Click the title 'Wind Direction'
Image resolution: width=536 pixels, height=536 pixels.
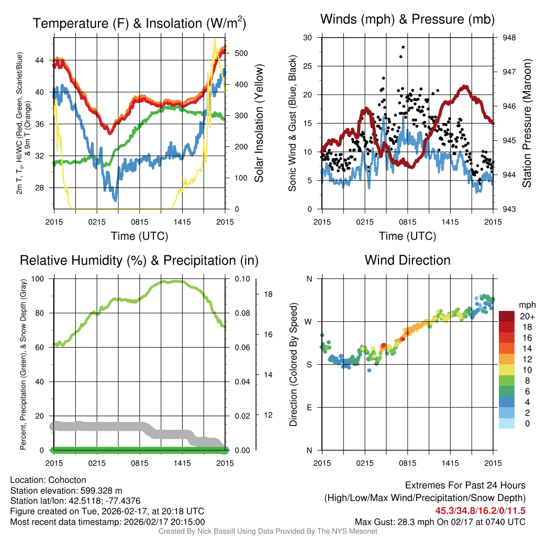click(407, 260)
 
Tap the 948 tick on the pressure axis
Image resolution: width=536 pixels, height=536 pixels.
click(509, 38)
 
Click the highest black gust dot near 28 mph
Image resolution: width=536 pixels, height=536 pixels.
click(403, 47)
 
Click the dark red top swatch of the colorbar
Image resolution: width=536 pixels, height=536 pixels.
click(507, 316)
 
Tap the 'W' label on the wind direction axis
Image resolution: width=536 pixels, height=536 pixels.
click(309, 321)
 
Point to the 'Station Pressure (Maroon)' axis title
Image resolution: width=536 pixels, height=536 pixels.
click(527, 124)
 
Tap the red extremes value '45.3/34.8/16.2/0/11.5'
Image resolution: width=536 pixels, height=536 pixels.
click(480, 510)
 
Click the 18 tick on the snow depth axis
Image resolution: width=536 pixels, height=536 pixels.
click(267, 294)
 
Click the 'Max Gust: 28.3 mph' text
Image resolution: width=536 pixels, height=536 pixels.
click(398, 522)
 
